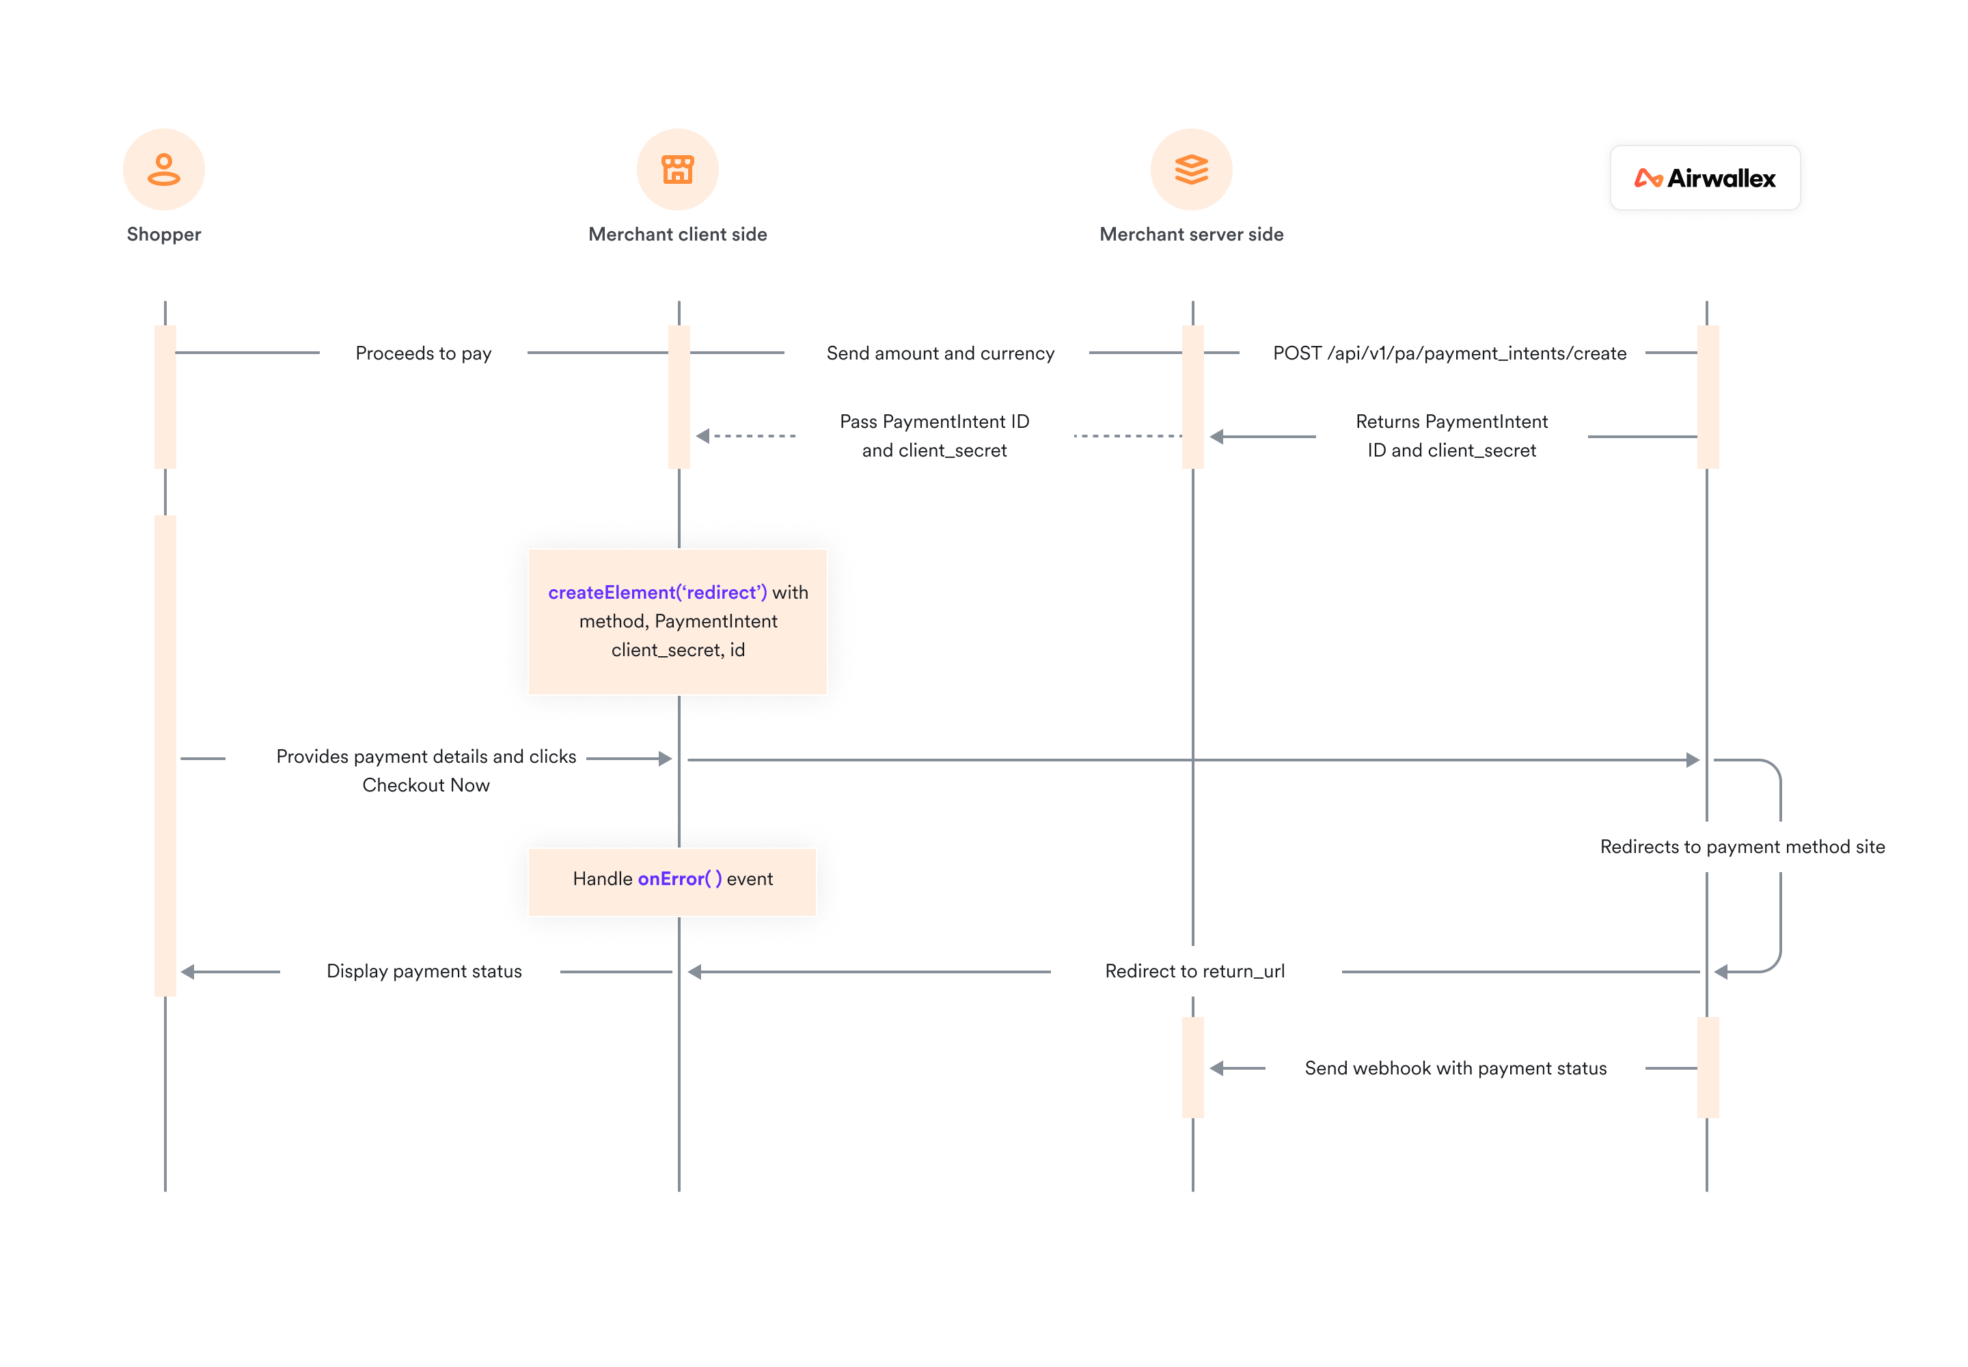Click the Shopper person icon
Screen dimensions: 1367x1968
coord(163,170)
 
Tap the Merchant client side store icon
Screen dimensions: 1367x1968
coord(677,170)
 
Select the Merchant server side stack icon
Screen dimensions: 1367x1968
coord(1191,170)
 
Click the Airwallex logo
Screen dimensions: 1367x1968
coord(1704,178)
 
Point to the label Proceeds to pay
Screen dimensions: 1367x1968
coord(423,353)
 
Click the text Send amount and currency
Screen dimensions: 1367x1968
coord(940,353)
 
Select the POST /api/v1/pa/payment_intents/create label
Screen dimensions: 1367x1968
coord(1449,353)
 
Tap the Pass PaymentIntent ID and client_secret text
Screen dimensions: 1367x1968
coord(933,435)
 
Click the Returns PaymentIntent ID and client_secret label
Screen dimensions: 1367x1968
coord(1451,435)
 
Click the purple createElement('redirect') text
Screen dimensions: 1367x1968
coord(657,592)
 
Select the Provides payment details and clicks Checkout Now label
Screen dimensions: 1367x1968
coord(426,770)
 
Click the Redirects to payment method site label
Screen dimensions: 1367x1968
coord(1742,846)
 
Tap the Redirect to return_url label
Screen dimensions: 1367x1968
coord(1194,971)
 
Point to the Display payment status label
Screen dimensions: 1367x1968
coord(424,971)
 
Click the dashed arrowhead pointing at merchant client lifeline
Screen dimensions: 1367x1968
coord(703,436)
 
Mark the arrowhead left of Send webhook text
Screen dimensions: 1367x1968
coord(1216,1068)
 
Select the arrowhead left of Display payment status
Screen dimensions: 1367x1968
coord(187,971)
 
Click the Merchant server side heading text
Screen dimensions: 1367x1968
coord(1191,234)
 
